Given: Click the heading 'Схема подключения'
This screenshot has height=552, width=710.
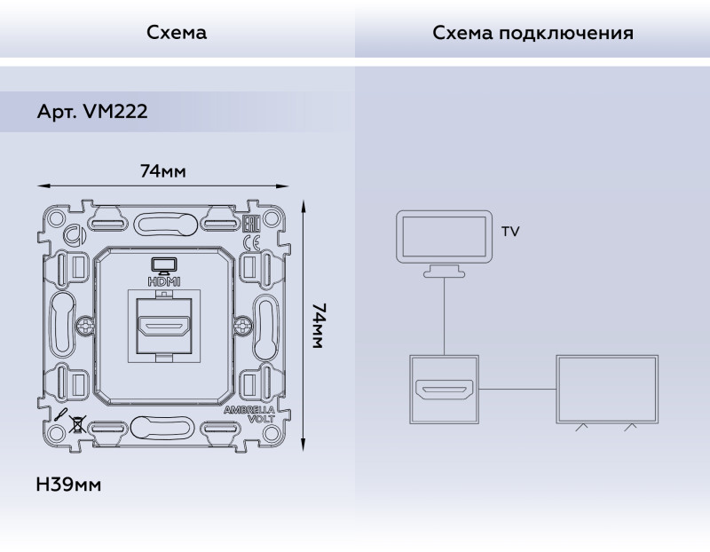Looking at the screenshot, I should [x=532, y=33].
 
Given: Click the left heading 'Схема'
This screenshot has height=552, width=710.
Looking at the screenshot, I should [x=177, y=33].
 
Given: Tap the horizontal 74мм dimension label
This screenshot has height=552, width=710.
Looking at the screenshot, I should [x=162, y=171].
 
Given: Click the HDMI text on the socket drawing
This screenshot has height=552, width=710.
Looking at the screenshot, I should [x=164, y=280].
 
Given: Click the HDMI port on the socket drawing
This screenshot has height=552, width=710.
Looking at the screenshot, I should [x=164, y=328].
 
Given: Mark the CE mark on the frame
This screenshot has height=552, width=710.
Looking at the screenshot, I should [x=251, y=241].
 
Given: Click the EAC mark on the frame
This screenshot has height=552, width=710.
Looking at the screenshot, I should [x=251, y=223].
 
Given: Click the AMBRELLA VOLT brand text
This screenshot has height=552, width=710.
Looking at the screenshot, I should [x=248, y=415].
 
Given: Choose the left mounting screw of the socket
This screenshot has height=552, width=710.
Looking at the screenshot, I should [x=85, y=327].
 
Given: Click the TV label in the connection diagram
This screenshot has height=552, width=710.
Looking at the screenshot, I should [x=510, y=232].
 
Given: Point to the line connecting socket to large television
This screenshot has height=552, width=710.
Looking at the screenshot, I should [x=517, y=389].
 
